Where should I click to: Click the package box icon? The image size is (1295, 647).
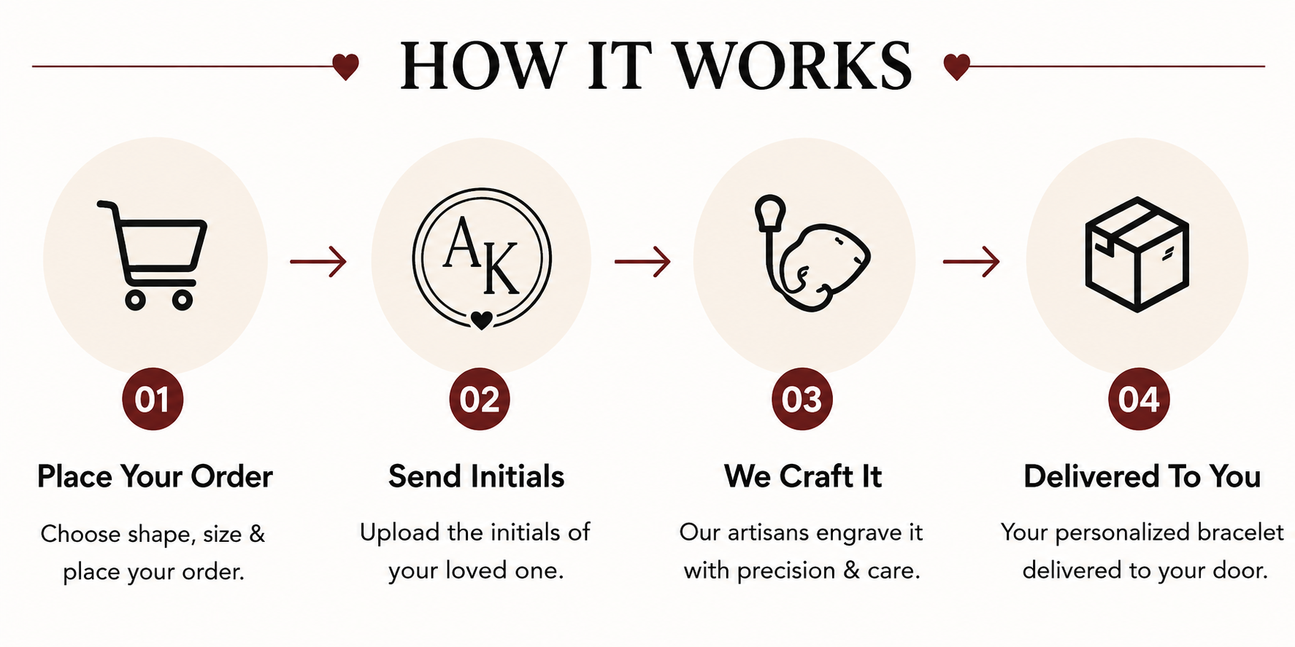coord(1137,255)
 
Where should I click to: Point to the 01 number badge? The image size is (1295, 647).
coord(153,399)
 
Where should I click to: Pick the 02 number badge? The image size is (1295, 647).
coord(480,399)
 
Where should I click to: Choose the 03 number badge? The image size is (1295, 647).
coord(802,399)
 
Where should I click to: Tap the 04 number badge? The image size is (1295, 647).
coord(1139,399)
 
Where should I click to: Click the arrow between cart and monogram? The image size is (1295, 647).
coord(318,261)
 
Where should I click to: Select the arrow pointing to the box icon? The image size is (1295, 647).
coord(972,261)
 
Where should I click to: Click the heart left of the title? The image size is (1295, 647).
coord(345,66)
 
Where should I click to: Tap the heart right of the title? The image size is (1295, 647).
coord(956,66)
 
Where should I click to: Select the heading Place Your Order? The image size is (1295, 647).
coord(155,477)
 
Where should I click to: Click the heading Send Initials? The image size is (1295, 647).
coord(477,477)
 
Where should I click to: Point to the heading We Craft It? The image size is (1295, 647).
coord(803,477)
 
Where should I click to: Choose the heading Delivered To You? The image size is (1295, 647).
coord(1142,477)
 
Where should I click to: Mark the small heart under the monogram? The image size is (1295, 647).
coord(481,319)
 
